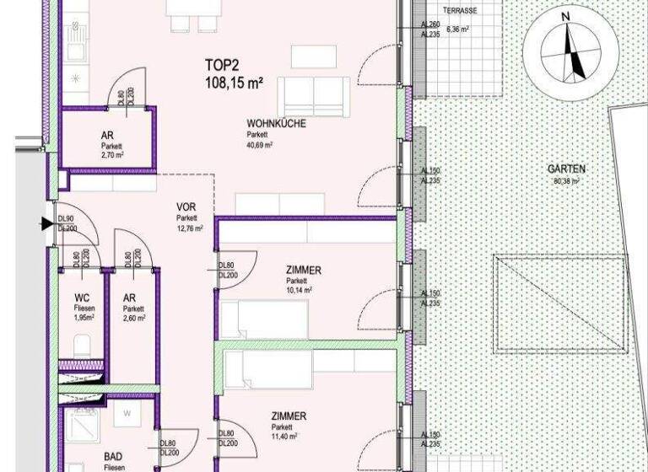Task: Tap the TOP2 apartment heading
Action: click(223, 65)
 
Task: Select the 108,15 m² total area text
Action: click(234, 83)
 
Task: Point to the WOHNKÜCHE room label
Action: click(276, 124)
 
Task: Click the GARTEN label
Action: click(569, 169)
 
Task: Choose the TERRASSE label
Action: click(461, 11)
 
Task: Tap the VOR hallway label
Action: click(186, 207)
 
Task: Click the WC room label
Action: click(83, 298)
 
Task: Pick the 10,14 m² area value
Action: click(299, 291)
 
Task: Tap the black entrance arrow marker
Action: click(45, 224)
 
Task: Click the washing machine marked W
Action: click(126, 414)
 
